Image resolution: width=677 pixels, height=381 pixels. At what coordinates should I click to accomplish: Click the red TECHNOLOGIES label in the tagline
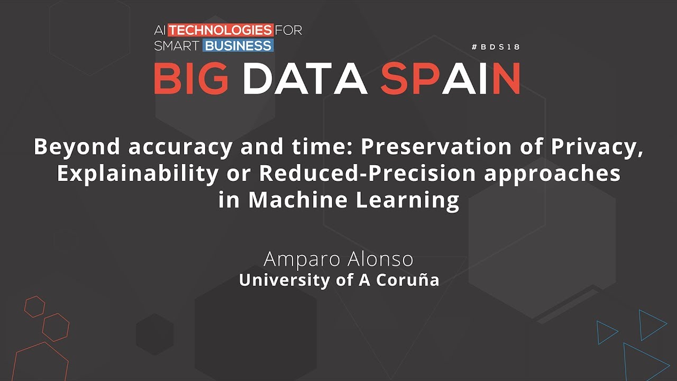[x=221, y=30]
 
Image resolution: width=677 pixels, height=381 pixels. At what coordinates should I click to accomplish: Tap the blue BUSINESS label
[x=238, y=46]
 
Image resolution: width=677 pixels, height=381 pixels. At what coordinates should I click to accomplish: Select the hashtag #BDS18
[x=496, y=47]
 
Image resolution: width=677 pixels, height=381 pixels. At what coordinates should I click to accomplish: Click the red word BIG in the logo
[x=191, y=79]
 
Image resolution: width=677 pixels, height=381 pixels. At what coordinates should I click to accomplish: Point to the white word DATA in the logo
[x=305, y=79]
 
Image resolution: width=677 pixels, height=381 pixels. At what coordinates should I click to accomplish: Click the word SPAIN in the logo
[x=450, y=79]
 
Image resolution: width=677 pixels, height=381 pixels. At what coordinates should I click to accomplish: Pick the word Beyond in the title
[x=77, y=147]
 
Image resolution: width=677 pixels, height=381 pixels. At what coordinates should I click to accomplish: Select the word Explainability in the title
[x=138, y=174]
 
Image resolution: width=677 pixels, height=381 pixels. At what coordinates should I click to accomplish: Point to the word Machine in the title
[x=298, y=200]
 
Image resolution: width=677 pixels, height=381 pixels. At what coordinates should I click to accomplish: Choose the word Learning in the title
[x=408, y=201]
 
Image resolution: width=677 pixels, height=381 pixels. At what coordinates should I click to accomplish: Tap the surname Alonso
[x=380, y=259]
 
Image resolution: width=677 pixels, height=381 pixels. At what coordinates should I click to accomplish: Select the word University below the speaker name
[x=285, y=280]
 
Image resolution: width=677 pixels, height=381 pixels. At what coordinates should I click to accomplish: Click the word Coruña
[x=407, y=280]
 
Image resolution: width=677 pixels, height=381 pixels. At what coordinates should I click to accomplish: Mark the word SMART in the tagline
[x=177, y=46]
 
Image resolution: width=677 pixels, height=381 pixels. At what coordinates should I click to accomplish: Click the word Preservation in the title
[x=436, y=147]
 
